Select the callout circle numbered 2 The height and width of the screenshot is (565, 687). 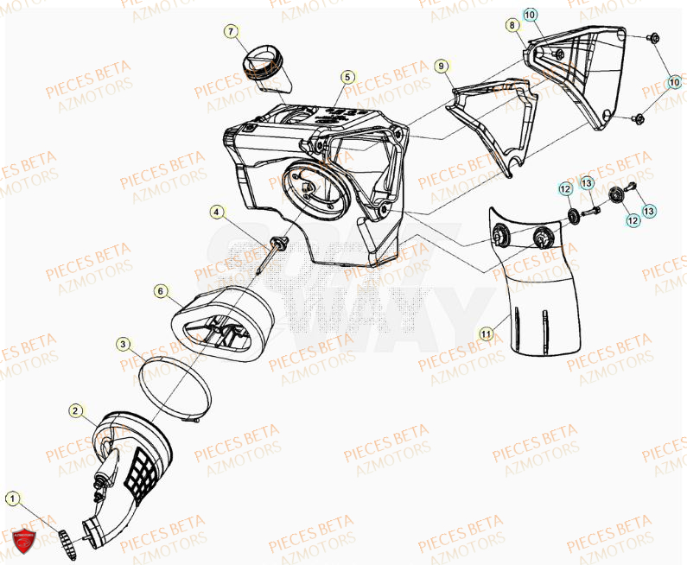pyautogui.click(x=76, y=410)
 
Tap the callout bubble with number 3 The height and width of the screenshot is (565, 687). pyautogui.click(x=124, y=345)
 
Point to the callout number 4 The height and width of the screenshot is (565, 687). pyautogui.click(x=216, y=210)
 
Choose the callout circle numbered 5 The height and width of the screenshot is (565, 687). pyautogui.click(x=347, y=77)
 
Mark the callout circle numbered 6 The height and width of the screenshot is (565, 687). pyautogui.click(x=161, y=291)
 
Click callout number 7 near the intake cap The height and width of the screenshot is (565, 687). pyautogui.click(x=231, y=32)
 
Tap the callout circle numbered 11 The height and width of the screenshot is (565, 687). pyautogui.click(x=487, y=332)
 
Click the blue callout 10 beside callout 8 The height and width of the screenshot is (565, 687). pyautogui.click(x=530, y=15)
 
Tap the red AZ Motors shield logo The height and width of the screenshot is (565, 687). pyautogui.click(x=24, y=540)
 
